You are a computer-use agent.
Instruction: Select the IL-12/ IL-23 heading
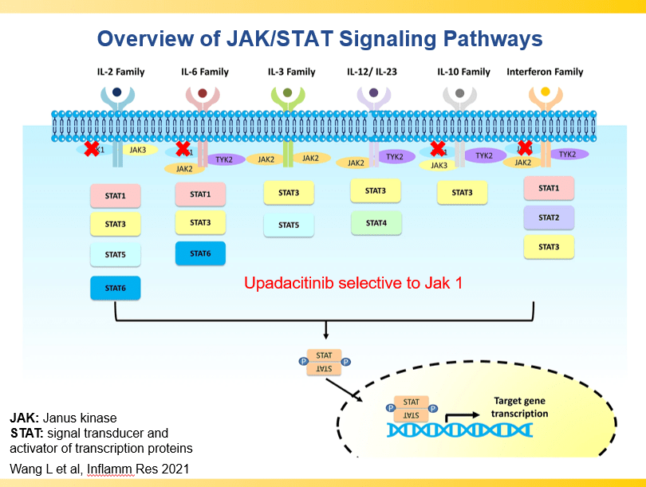(x=372, y=72)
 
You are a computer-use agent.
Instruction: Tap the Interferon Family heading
(x=545, y=72)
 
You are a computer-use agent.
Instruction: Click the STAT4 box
(x=376, y=223)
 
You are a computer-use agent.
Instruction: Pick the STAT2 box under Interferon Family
(x=549, y=218)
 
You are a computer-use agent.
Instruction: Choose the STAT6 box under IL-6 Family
(x=200, y=253)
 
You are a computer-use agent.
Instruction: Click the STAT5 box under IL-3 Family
(x=289, y=225)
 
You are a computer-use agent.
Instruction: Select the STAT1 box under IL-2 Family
(x=116, y=195)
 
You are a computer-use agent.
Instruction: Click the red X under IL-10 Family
(x=438, y=148)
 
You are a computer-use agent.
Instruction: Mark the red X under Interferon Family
(x=525, y=147)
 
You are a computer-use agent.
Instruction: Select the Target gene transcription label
(x=520, y=407)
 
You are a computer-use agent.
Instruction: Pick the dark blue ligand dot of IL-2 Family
(x=117, y=92)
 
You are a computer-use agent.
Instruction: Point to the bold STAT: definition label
(x=24, y=434)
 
